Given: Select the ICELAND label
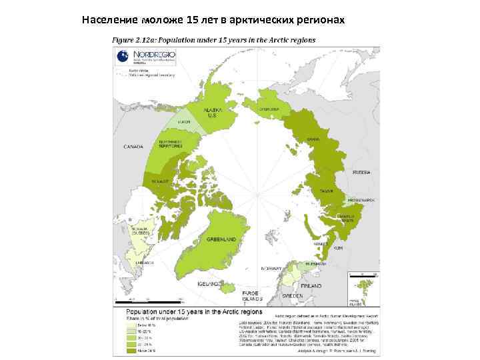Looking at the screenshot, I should (x=209, y=283).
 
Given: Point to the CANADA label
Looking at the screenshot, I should (x=133, y=147).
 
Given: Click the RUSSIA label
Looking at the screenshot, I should (x=361, y=172).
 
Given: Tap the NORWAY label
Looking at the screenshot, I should (x=271, y=268).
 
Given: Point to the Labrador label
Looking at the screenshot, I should (x=144, y=263).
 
